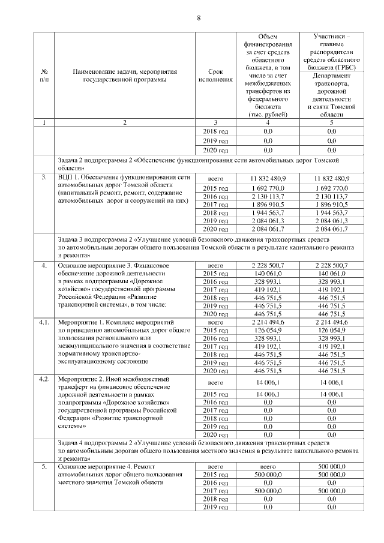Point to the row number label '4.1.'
coord(44,322)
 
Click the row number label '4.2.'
coord(44,379)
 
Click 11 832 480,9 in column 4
coord(268,179)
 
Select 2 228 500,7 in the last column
coord(331,265)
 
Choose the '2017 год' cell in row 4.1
coord(216,346)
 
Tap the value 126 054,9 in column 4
coord(268,330)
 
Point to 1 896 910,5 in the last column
coord(331,204)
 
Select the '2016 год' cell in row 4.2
coord(216,402)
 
